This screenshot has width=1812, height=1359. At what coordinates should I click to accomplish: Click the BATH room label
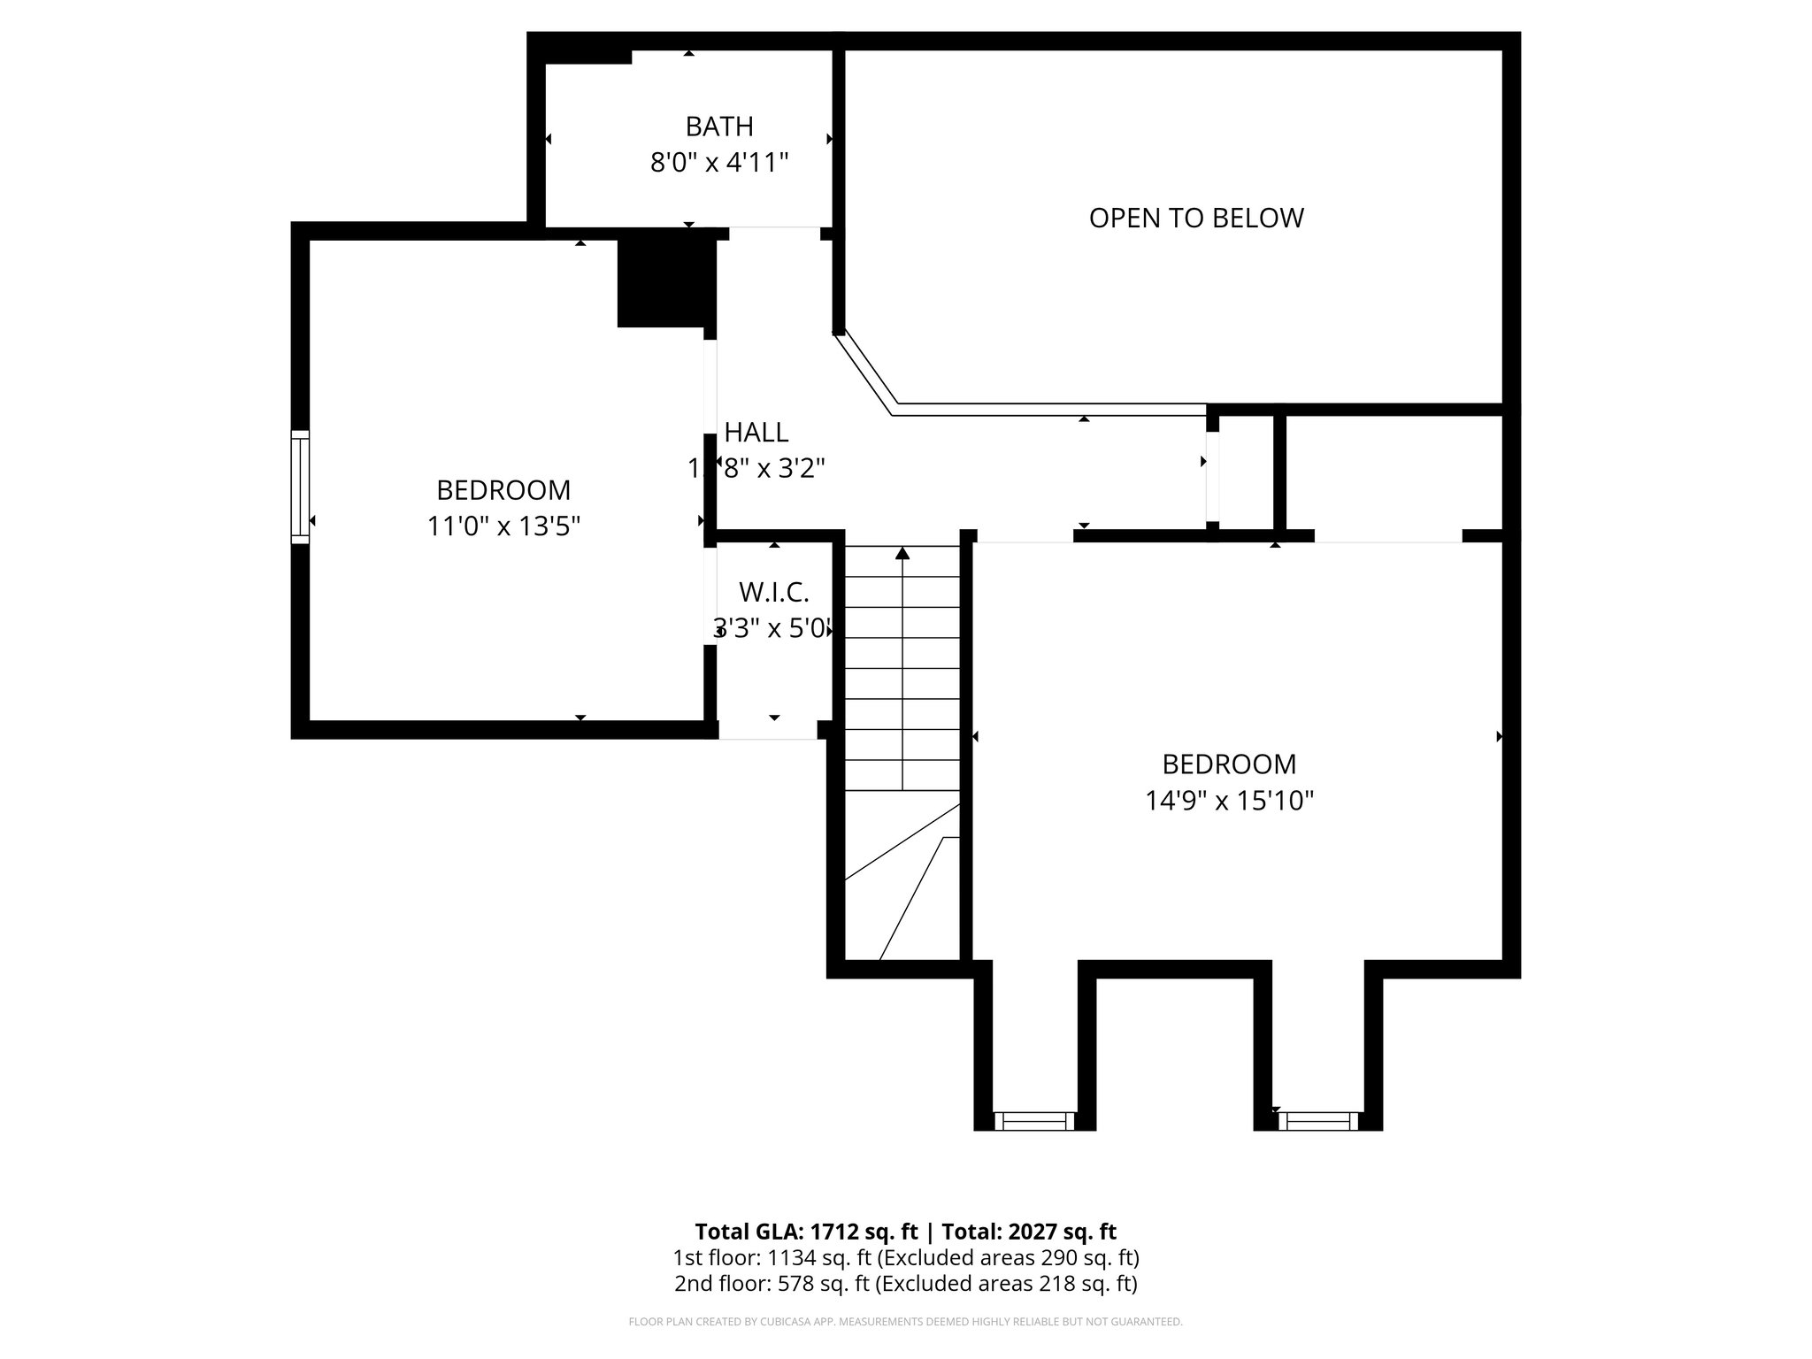pos(719,127)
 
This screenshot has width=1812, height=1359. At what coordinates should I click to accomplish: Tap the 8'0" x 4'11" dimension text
pos(719,163)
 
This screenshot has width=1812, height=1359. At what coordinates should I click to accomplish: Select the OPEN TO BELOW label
pos(1196,218)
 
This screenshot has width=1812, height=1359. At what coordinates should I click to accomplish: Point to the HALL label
pos(756,433)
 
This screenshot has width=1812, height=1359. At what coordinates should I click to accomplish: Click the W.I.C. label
pos(774,592)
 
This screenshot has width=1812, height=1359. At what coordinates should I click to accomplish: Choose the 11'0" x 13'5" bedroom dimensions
pos(503,526)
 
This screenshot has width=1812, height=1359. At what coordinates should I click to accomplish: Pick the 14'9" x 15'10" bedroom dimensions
pos(1229,801)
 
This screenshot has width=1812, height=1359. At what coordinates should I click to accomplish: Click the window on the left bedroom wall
pos(301,486)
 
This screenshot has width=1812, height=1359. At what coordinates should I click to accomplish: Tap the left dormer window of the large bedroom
pos(1034,1121)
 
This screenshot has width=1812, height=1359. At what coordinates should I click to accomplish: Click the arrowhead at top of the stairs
pos(902,554)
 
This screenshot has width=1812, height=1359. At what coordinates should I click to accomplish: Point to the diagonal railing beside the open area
pos(865,372)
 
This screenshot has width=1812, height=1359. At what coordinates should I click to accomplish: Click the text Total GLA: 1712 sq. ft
pos(806,1232)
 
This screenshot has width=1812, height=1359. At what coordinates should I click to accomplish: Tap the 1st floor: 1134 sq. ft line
pos(905,1257)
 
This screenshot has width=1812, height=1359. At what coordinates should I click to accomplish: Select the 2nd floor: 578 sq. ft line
pos(905,1284)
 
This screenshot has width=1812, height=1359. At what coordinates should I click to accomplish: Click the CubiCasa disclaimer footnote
pos(905,1322)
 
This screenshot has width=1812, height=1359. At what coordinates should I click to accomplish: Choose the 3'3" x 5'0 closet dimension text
pos(772,629)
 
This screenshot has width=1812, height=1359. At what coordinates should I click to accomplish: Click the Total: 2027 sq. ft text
pos(1029,1232)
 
